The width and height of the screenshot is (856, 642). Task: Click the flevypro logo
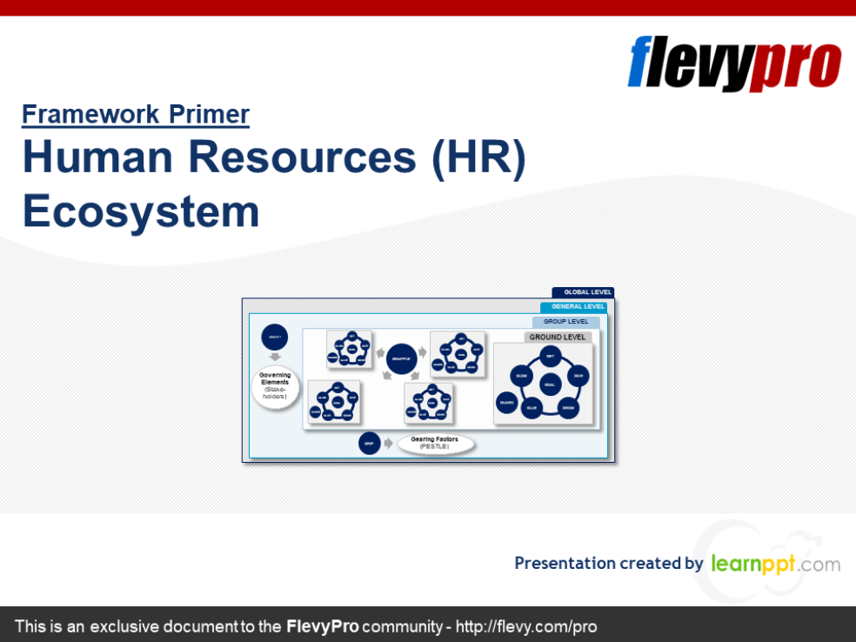tap(734, 63)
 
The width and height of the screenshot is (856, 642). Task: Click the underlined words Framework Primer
tap(136, 114)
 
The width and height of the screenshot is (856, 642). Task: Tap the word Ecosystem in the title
tap(141, 211)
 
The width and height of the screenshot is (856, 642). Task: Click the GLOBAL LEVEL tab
tap(583, 293)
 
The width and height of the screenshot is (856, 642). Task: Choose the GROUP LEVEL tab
tap(565, 322)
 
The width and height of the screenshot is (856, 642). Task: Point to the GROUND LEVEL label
tap(558, 338)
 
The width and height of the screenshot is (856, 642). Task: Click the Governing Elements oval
tap(275, 387)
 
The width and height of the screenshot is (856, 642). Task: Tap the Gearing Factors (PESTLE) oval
tap(435, 444)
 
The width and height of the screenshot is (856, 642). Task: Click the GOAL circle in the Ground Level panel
tap(549, 384)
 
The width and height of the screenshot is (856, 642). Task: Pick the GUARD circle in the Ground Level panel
tap(507, 403)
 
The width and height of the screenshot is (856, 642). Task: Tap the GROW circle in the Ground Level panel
tap(568, 408)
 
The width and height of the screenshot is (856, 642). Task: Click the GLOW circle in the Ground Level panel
tap(521, 376)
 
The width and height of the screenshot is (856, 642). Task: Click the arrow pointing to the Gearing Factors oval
tap(388, 444)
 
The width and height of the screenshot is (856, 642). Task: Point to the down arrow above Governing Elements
tap(275, 357)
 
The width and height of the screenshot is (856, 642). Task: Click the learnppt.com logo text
tap(775, 564)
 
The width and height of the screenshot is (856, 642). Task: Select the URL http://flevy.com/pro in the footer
tap(526, 626)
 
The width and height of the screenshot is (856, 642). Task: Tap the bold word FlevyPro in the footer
tap(322, 626)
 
